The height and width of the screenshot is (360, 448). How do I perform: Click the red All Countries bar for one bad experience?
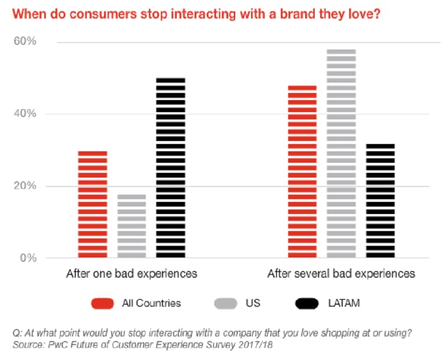[x=93, y=204]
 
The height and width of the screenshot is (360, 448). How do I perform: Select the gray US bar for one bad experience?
[x=131, y=226]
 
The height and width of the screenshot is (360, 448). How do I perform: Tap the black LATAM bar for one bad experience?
[x=170, y=168]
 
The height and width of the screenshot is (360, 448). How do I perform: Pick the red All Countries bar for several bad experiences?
[x=302, y=171]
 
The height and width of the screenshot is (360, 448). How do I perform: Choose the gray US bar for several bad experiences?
[x=341, y=154]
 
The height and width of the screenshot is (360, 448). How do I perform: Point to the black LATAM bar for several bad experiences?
[x=380, y=201]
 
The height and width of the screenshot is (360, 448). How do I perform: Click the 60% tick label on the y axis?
[x=25, y=41]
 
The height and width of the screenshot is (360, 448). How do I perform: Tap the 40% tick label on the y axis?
[x=25, y=113]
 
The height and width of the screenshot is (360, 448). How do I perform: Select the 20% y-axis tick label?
[x=25, y=186]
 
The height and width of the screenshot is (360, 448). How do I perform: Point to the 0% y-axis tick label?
[x=28, y=258]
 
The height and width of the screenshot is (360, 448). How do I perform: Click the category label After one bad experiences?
[x=131, y=273]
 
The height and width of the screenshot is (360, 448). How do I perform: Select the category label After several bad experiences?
[x=341, y=273]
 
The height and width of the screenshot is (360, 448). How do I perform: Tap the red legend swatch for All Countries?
[x=103, y=303]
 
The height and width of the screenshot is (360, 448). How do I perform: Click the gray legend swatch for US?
[x=225, y=303]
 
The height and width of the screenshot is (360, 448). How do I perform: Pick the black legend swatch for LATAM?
[x=307, y=303]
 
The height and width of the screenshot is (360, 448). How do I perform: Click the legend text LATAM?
[x=344, y=303]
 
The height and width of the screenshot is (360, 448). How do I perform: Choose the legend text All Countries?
[x=151, y=303]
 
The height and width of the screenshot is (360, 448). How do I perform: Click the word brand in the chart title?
[x=297, y=14]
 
